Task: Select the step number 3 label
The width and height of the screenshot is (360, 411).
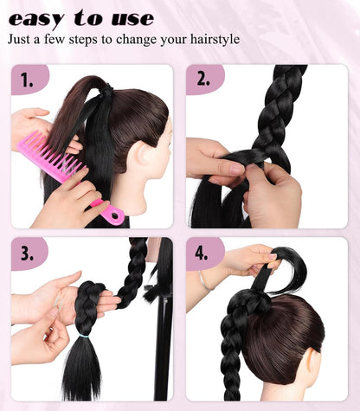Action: pos(28,254)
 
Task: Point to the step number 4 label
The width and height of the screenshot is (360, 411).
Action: pos(204,254)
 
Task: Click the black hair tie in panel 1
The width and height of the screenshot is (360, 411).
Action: pos(105,88)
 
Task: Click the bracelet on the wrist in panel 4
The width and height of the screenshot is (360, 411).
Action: pos(203,281)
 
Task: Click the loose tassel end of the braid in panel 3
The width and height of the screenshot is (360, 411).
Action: pos(83,372)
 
